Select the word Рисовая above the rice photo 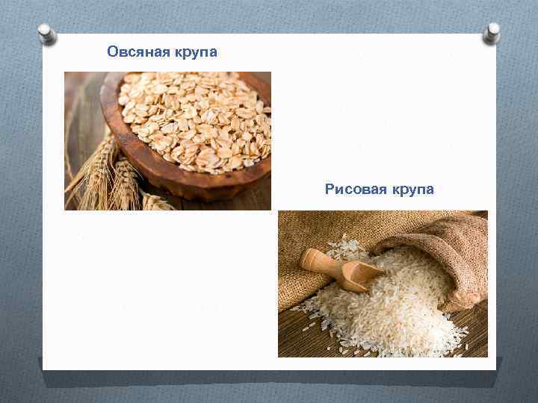point(352,190)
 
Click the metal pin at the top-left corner point(47,32)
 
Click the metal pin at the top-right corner point(491,31)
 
